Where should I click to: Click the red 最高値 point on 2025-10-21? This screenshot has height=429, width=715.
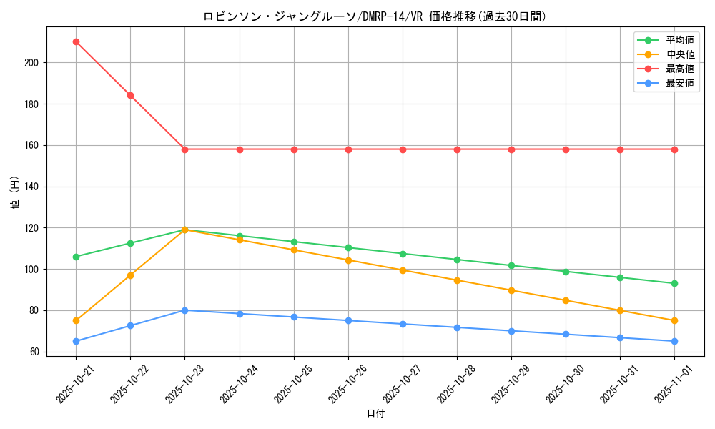76,41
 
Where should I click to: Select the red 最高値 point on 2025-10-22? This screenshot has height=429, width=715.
130,95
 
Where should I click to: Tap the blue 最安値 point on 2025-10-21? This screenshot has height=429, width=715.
76,341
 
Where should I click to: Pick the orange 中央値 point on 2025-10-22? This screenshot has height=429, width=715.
130,275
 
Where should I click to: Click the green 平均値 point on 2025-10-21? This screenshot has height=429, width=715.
76,257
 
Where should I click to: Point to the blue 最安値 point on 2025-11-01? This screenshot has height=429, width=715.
674,341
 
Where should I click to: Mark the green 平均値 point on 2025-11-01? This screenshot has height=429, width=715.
674,283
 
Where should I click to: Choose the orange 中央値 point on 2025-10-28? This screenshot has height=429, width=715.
457,280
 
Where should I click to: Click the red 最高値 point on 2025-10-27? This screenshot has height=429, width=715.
403,149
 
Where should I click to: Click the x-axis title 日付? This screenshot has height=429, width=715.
375,414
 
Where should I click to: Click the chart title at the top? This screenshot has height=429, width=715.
375,16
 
